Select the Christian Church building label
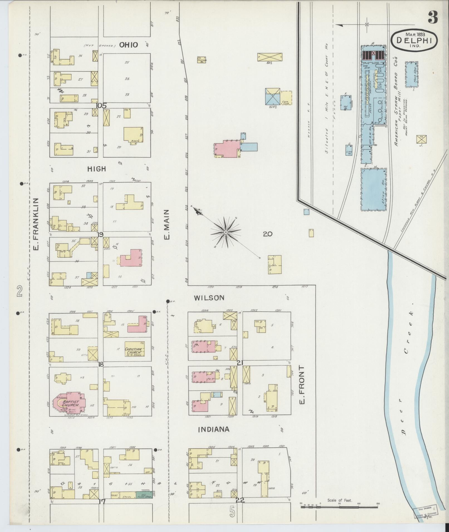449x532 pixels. click(134, 352)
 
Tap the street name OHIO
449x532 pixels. click(129, 45)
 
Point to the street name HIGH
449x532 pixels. click(97, 169)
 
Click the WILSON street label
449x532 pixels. click(209, 298)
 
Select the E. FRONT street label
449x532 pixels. click(302, 385)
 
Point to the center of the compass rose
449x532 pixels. click(226, 232)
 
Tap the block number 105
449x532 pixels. click(101, 106)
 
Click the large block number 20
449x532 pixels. click(268, 234)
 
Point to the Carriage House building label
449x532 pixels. click(202, 60)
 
